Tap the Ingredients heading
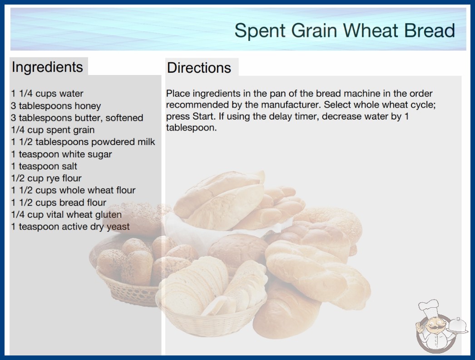(47, 67)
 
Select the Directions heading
(199, 68)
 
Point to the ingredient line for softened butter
(77, 118)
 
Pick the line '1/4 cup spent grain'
(53, 130)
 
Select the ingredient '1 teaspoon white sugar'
(61, 154)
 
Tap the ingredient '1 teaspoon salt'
(44, 166)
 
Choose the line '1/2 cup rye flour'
(46, 178)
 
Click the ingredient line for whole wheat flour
(73, 190)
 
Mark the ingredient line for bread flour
(59, 202)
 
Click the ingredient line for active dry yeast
(70, 226)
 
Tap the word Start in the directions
(203, 116)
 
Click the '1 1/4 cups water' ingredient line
(47, 94)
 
